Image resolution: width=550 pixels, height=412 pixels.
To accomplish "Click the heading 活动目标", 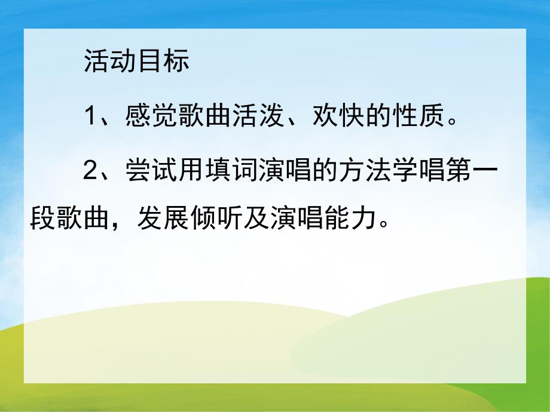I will coord(137,62).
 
